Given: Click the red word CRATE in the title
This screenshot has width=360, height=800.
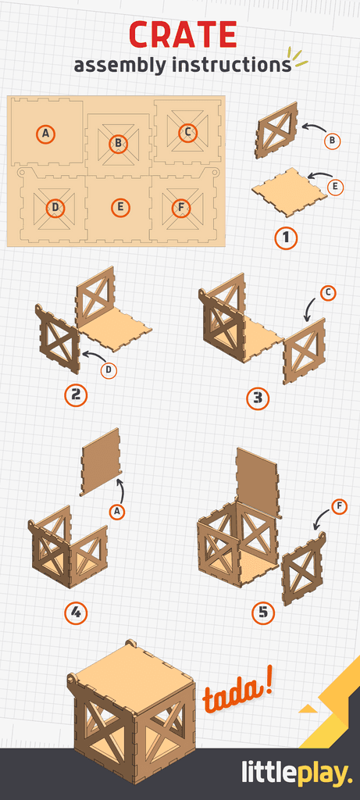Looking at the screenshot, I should [x=183, y=35].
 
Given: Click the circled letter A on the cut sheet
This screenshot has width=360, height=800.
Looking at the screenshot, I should [x=46, y=134].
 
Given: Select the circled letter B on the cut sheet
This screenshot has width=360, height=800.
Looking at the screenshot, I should [x=118, y=143].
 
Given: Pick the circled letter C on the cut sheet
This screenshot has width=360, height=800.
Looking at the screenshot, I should [x=187, y=132].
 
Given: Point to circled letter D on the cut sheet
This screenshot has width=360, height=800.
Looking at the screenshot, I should [x=55, y=207].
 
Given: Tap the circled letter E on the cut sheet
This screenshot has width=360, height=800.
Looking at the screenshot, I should [x=119, y=207].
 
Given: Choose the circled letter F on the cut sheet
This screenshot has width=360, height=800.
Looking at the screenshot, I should [x=181, y=207].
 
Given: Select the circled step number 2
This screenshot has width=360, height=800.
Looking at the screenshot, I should [x=76, y=395].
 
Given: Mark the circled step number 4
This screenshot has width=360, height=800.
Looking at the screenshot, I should [x=76, y=612].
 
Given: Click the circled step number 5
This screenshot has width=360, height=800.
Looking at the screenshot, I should [x=263, y=612].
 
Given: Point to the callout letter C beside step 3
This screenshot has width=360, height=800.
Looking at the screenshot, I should [x=329, y=293].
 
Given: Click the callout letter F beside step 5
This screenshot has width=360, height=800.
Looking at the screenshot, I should [x=339, y=507].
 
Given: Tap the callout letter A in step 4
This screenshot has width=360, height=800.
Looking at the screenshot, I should [x=118, y=512].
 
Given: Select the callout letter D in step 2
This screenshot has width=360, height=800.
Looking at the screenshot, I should [x=109, y=370].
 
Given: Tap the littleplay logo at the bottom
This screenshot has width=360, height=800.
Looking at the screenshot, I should [x=296, y=773].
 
